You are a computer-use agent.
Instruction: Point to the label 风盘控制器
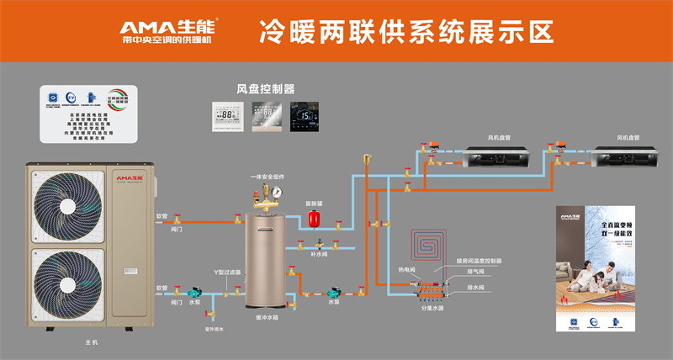266,87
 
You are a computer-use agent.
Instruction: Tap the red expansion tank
312,217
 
